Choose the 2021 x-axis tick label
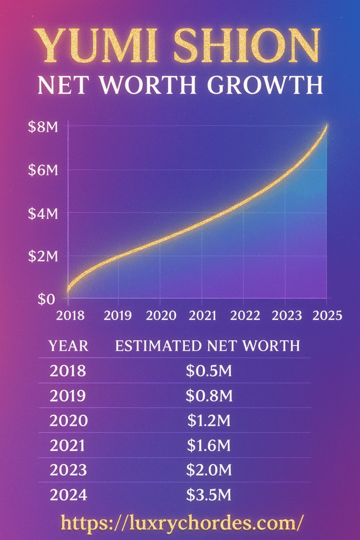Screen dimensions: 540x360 point(203,315)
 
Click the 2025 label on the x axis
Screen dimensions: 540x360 point(326,315)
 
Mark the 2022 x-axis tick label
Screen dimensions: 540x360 point(245,315)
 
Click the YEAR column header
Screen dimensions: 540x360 point(69,346)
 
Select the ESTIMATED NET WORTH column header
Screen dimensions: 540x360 point(207,346)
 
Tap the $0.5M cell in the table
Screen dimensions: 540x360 point(209,371)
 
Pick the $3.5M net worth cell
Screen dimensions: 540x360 point(209,496)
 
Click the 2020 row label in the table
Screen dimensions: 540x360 point(68,421)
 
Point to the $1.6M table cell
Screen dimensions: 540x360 point(209,446)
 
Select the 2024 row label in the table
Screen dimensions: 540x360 point(68,496)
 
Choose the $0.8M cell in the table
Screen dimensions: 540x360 point(209,396)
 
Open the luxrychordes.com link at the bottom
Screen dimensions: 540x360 point(182,523)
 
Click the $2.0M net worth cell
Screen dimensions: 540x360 point(209,471)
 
